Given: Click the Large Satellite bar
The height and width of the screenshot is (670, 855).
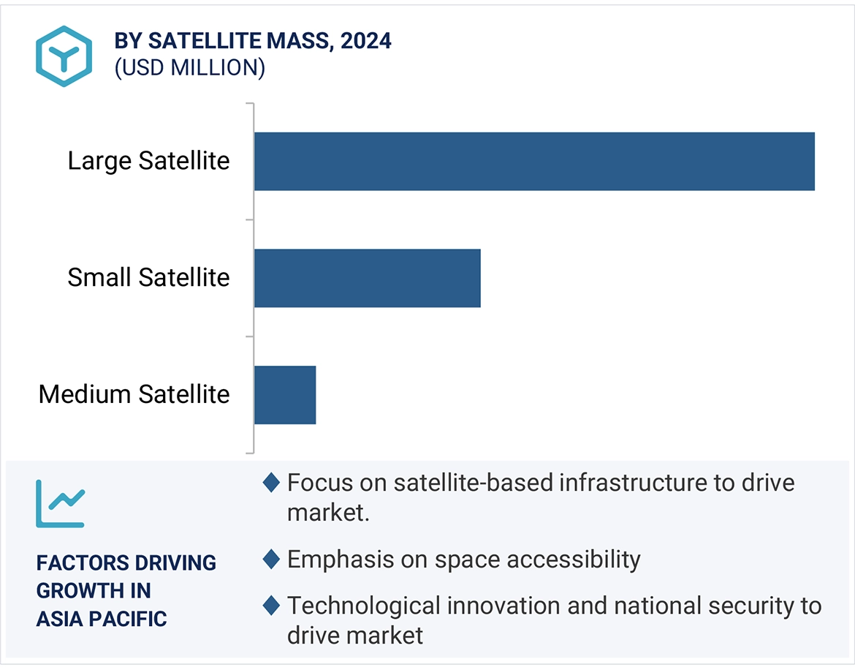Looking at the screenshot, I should [x=534, y=161].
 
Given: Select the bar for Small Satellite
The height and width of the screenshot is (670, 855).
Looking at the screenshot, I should [x=367, y=278].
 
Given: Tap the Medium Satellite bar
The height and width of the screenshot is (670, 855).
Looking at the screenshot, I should [x=285, y=395].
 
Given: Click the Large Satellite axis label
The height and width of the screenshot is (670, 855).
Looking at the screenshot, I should [x=148, y=161].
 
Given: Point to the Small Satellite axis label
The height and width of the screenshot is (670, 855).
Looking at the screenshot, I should [x=148, y=278].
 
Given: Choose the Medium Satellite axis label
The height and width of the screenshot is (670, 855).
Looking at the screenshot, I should [x=134, y=395].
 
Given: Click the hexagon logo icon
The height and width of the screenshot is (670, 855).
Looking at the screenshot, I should [x=64, y=56].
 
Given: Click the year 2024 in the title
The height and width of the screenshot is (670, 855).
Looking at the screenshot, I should [x=365, y=41].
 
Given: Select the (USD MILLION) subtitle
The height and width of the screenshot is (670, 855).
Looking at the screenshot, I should [x=189, y=68].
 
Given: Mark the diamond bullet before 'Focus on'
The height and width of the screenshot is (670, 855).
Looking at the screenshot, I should [x=271, y=483].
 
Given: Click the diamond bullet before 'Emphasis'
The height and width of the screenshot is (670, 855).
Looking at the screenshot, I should [x=271, y=560].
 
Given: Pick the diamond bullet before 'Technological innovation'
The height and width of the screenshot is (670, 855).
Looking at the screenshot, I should [x=271, y=606].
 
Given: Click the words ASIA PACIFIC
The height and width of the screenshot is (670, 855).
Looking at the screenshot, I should [x=102, y=619].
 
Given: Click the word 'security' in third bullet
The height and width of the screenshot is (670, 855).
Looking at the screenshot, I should [x=742, y=606].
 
